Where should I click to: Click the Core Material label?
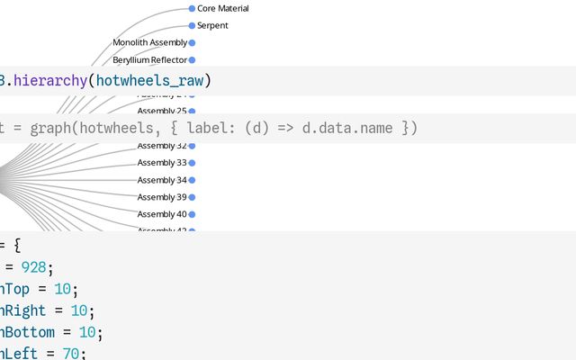point(222,8)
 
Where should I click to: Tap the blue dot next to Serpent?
point(192,25)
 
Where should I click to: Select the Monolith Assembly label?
point(149,42)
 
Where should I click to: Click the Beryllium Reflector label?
point(149,59)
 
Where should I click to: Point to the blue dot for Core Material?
point(192,8)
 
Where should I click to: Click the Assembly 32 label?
point(162,146)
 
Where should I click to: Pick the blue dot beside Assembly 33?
point(192,163)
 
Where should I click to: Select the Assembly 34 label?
point(162,180)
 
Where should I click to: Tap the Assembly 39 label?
point(162,197)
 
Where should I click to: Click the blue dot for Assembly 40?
point(192,214)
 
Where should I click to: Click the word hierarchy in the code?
point(50,81)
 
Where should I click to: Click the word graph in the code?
point(51,128)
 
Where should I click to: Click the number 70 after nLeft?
point(70,354)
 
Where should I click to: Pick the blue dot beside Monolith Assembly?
point(192,42)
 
